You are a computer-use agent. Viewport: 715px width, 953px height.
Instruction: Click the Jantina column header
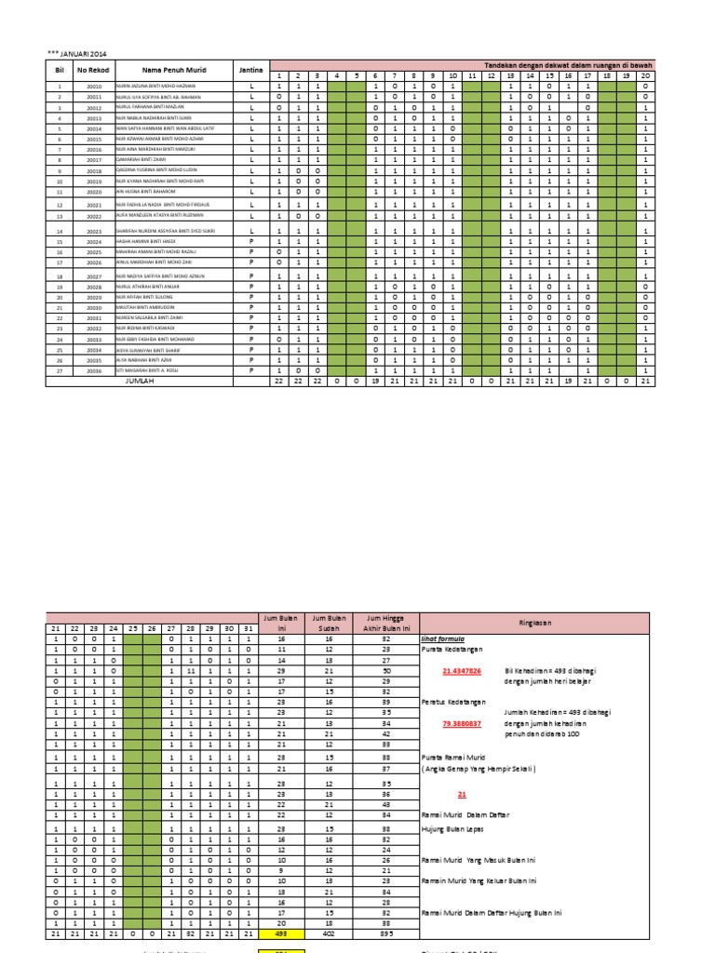click(250, 70)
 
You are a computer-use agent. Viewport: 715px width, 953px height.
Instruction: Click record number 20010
click(94, 86)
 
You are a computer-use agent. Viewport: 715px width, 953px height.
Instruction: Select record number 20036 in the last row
click(94, 369)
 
